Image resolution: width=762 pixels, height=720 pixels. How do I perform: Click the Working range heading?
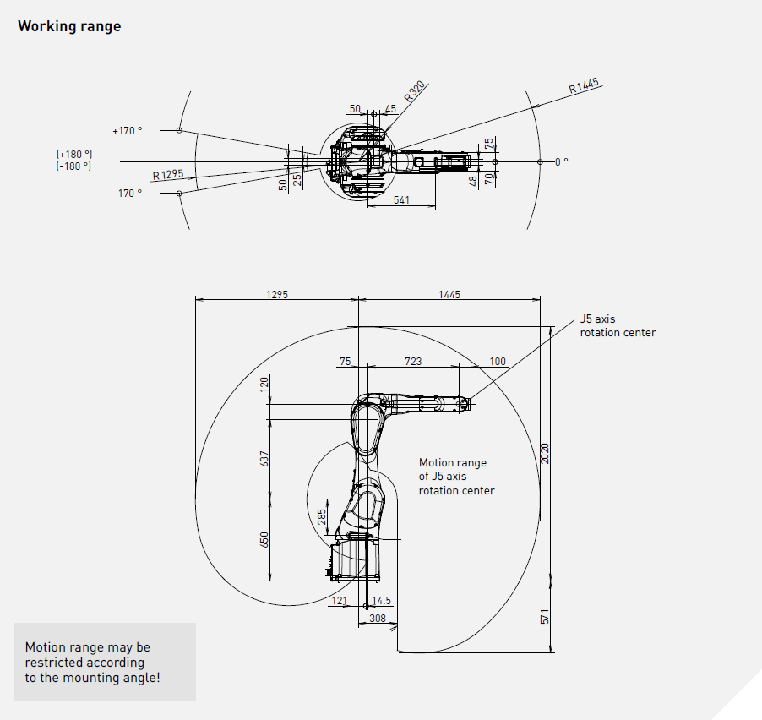pyautogui.click(x=69, y=26)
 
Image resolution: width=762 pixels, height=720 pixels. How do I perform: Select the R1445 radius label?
pyautogui.click(x=584, y=85)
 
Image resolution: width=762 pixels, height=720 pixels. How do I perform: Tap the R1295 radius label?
pyautogui.click(x=168, y=175)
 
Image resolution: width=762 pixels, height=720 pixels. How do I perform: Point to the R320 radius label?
pyautogui.click(x=415, y=92)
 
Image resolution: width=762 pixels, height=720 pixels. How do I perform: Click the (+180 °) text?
pyautogui.click(x=74, y=155)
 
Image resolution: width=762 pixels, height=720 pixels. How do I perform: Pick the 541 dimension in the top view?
pyautogui.click(x=402, y=200)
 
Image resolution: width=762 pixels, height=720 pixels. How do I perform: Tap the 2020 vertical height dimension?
pyautogui.click(x=546, y=454)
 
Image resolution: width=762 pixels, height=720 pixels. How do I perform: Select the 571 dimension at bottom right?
pyautogui.click(x=546, y=617)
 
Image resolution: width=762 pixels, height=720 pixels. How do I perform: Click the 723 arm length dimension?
pyautogui.click(x=413, y=362)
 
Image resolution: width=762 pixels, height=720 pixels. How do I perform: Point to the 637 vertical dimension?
pyautogui.click(x=264, y=459)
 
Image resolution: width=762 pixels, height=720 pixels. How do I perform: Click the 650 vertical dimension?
pyautogui.click(x=264, y=539)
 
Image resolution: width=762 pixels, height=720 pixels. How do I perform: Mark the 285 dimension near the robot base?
pyautogui.click(x=322, y=516)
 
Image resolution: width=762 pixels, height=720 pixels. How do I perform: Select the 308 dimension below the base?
pyautogui.click(x=378, y=619)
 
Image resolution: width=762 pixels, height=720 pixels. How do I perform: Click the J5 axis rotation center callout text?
pyautogui.click(x=618, y=326)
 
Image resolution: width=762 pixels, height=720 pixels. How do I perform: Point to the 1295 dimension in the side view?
pyautogui.click(x=276, y=295)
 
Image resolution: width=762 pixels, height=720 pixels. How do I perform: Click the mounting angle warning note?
pyautogui.click(x=92, y=663)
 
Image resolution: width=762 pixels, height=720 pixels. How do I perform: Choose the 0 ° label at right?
pyautogui.click(x=561, y=161)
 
